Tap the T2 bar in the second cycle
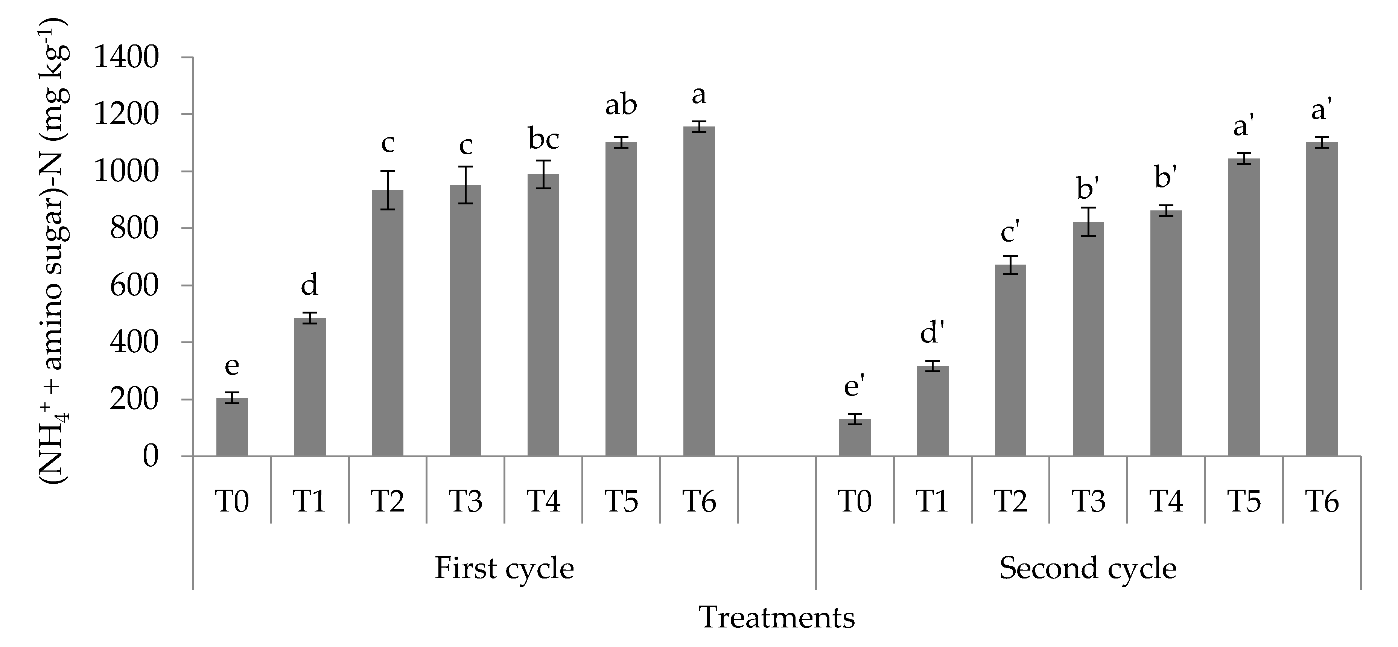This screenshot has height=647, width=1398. click(x=1010, y=361)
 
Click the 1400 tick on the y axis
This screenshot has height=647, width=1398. click(x=126, y=58)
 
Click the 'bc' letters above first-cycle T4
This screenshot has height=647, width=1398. click(x=543, y=140)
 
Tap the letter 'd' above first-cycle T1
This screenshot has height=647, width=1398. click(x=309, y=285)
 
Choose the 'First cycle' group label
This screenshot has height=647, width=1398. click(x=504, y=569)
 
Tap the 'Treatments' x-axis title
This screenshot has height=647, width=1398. click(x=777, y=618)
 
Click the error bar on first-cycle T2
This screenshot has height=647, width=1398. click(x=388, y=190)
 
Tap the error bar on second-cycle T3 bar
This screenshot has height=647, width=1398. click(x=1088, y=221)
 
